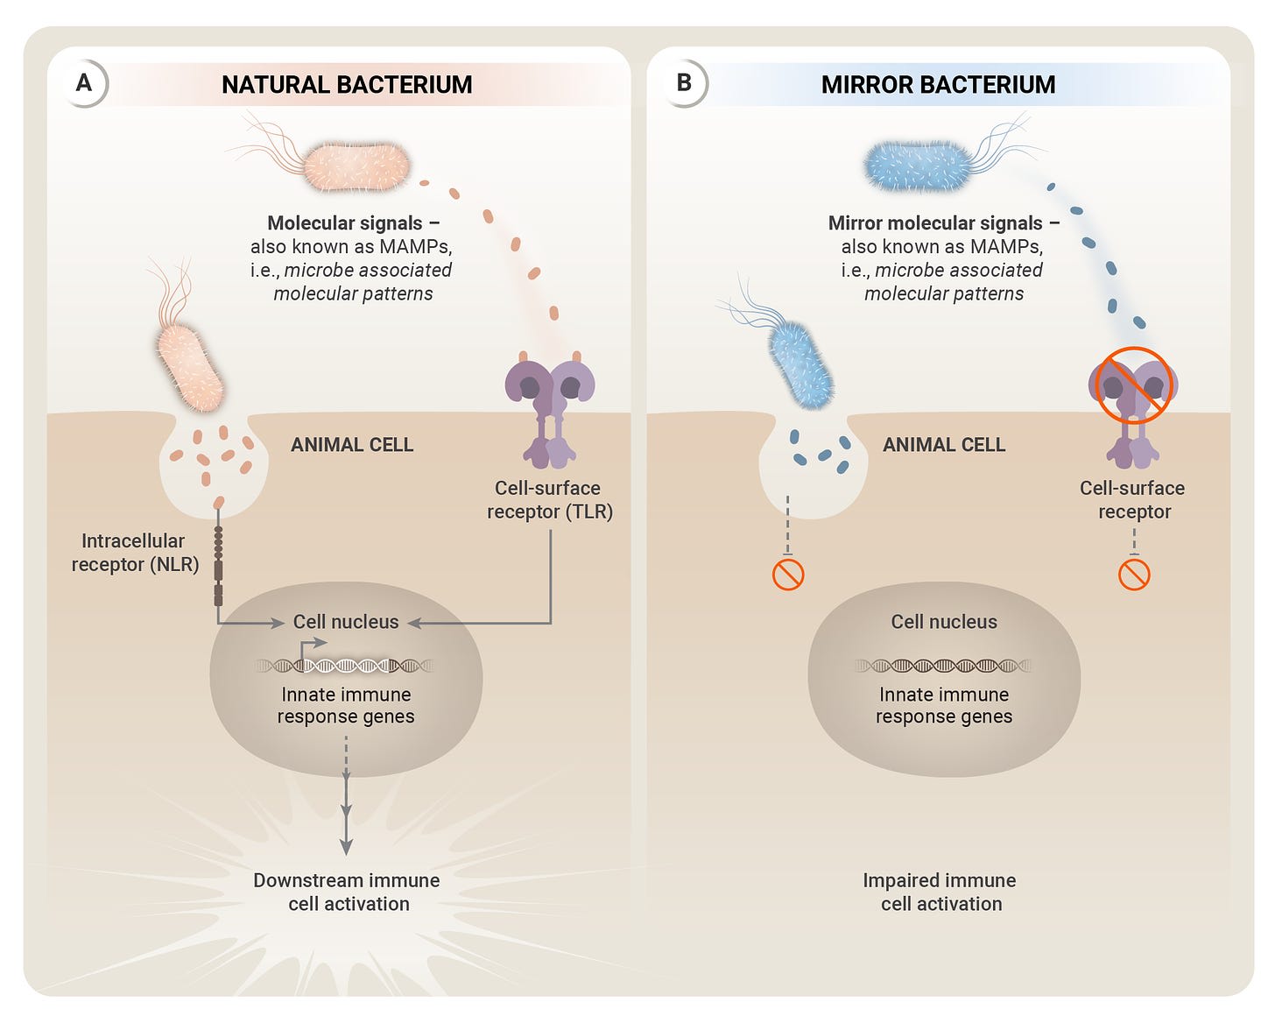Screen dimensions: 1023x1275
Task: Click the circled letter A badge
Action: [x=84, y=84]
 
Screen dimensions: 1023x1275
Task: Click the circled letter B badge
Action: [x=685, y=84]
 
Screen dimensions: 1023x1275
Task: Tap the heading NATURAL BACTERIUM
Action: [x=347, y=85]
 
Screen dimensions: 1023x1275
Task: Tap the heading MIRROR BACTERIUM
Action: [x=938, y=85]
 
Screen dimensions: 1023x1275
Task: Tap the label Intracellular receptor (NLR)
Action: [x=134, y=553]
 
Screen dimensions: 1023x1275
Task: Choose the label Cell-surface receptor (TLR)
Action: [x=549, y=500]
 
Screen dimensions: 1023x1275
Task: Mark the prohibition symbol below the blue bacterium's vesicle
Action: [x=788, y=575]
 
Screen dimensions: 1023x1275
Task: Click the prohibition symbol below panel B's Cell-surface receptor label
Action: [x=1134, y=575]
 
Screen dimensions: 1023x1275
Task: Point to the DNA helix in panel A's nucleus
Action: [x=345, y=666]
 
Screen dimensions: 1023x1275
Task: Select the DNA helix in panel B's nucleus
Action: [x=943, y=666]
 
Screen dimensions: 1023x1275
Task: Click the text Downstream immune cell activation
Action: [x=347, y=892]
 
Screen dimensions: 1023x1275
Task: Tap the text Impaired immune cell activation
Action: [x=940, y=892]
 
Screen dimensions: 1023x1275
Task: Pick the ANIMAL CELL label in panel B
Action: [x=943, y=445]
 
